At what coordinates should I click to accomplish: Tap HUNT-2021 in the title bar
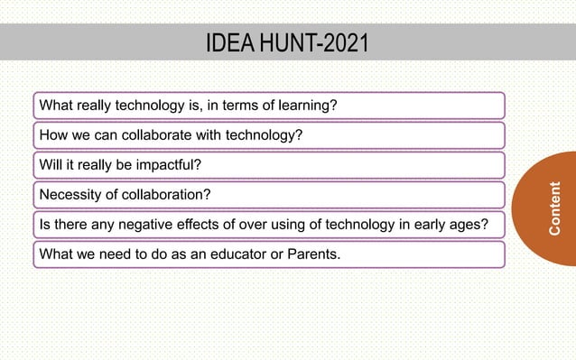coord(313,43)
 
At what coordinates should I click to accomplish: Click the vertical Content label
coord(555,208)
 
